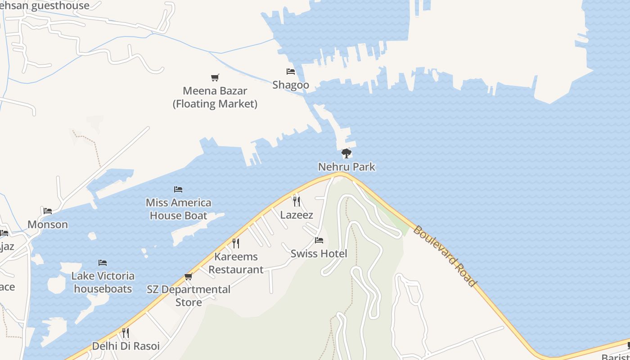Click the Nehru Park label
point(346,167)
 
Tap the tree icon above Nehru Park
point(346,154)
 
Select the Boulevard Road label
point(444,256)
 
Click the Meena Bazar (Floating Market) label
point(215,97)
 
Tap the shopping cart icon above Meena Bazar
point(215,78)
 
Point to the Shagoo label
point(291,85)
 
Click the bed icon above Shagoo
point(291,72)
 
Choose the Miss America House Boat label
point(179,209)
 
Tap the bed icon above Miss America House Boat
point(178,189)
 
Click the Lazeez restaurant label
point(297,215)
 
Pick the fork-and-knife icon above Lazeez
point(296,201)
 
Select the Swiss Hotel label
point(319,254)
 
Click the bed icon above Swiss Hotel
point(319,240)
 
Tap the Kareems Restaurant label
point(236,263)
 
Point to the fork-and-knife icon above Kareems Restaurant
point(236,243)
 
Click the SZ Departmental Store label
point(189,296)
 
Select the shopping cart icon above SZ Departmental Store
point(189,276)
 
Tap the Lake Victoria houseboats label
point(103,282)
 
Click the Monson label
point(48,225)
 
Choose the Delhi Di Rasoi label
point(126,346)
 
